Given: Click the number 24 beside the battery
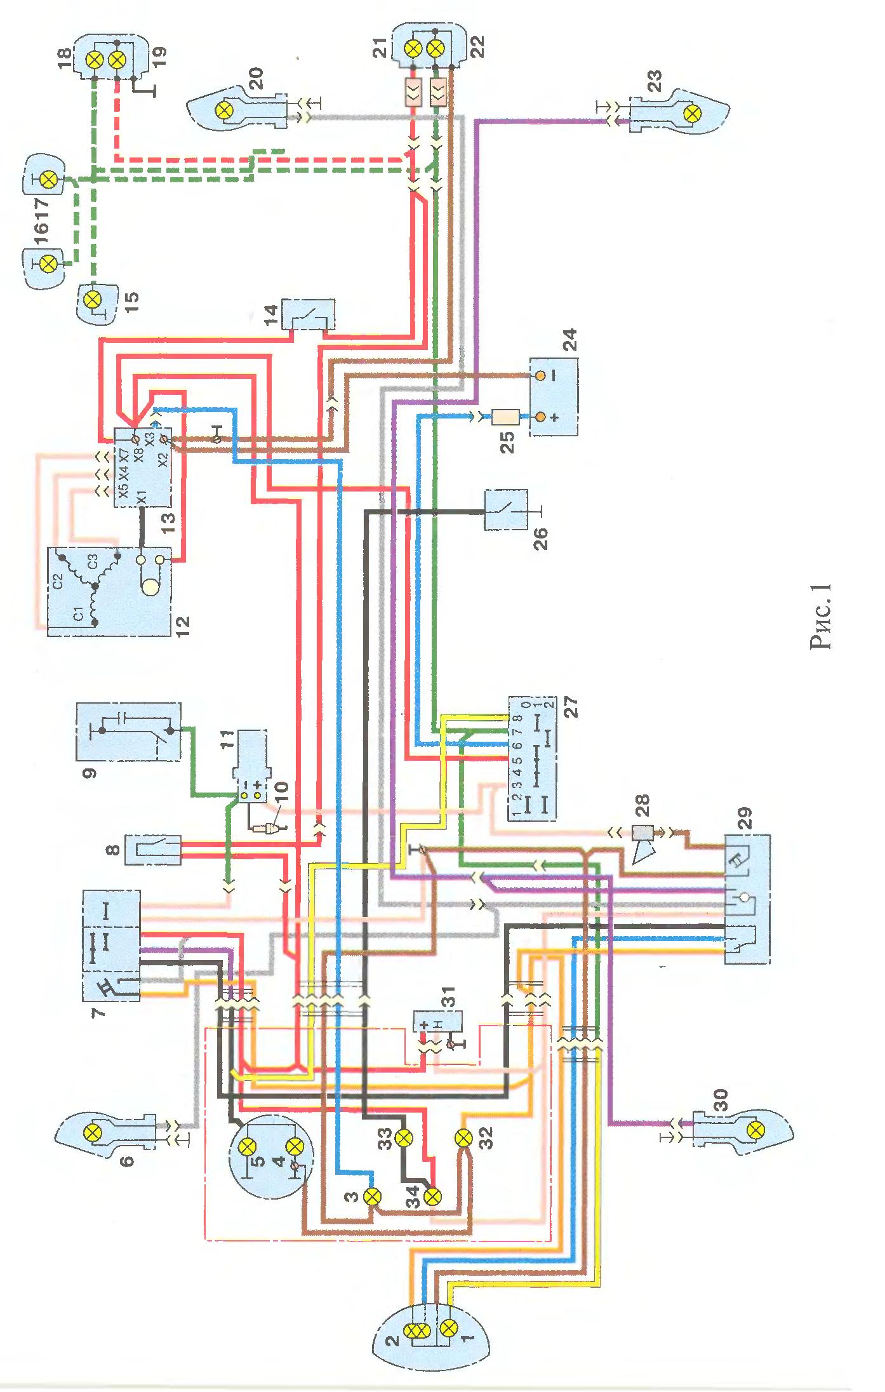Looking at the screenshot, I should pos(569,341).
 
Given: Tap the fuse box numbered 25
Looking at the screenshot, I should pos(505,417).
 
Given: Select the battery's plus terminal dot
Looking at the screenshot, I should pos(540,417).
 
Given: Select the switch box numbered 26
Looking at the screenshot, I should pos(505,509).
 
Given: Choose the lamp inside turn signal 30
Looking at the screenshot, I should pos(755,1130).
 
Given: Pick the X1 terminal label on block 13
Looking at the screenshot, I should pos(142,497).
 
